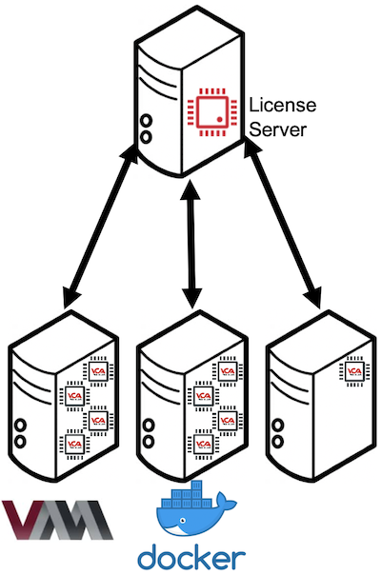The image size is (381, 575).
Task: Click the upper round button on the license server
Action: tap(146, 122)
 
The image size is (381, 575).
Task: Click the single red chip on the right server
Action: tap(354, 369)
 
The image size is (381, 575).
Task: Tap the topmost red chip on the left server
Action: tap(98, 369)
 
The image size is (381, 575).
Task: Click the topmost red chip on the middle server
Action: tap(227, 369)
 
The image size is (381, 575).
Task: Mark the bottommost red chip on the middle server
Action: tap(201, 443)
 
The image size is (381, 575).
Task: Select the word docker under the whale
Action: tap(191, 557)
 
